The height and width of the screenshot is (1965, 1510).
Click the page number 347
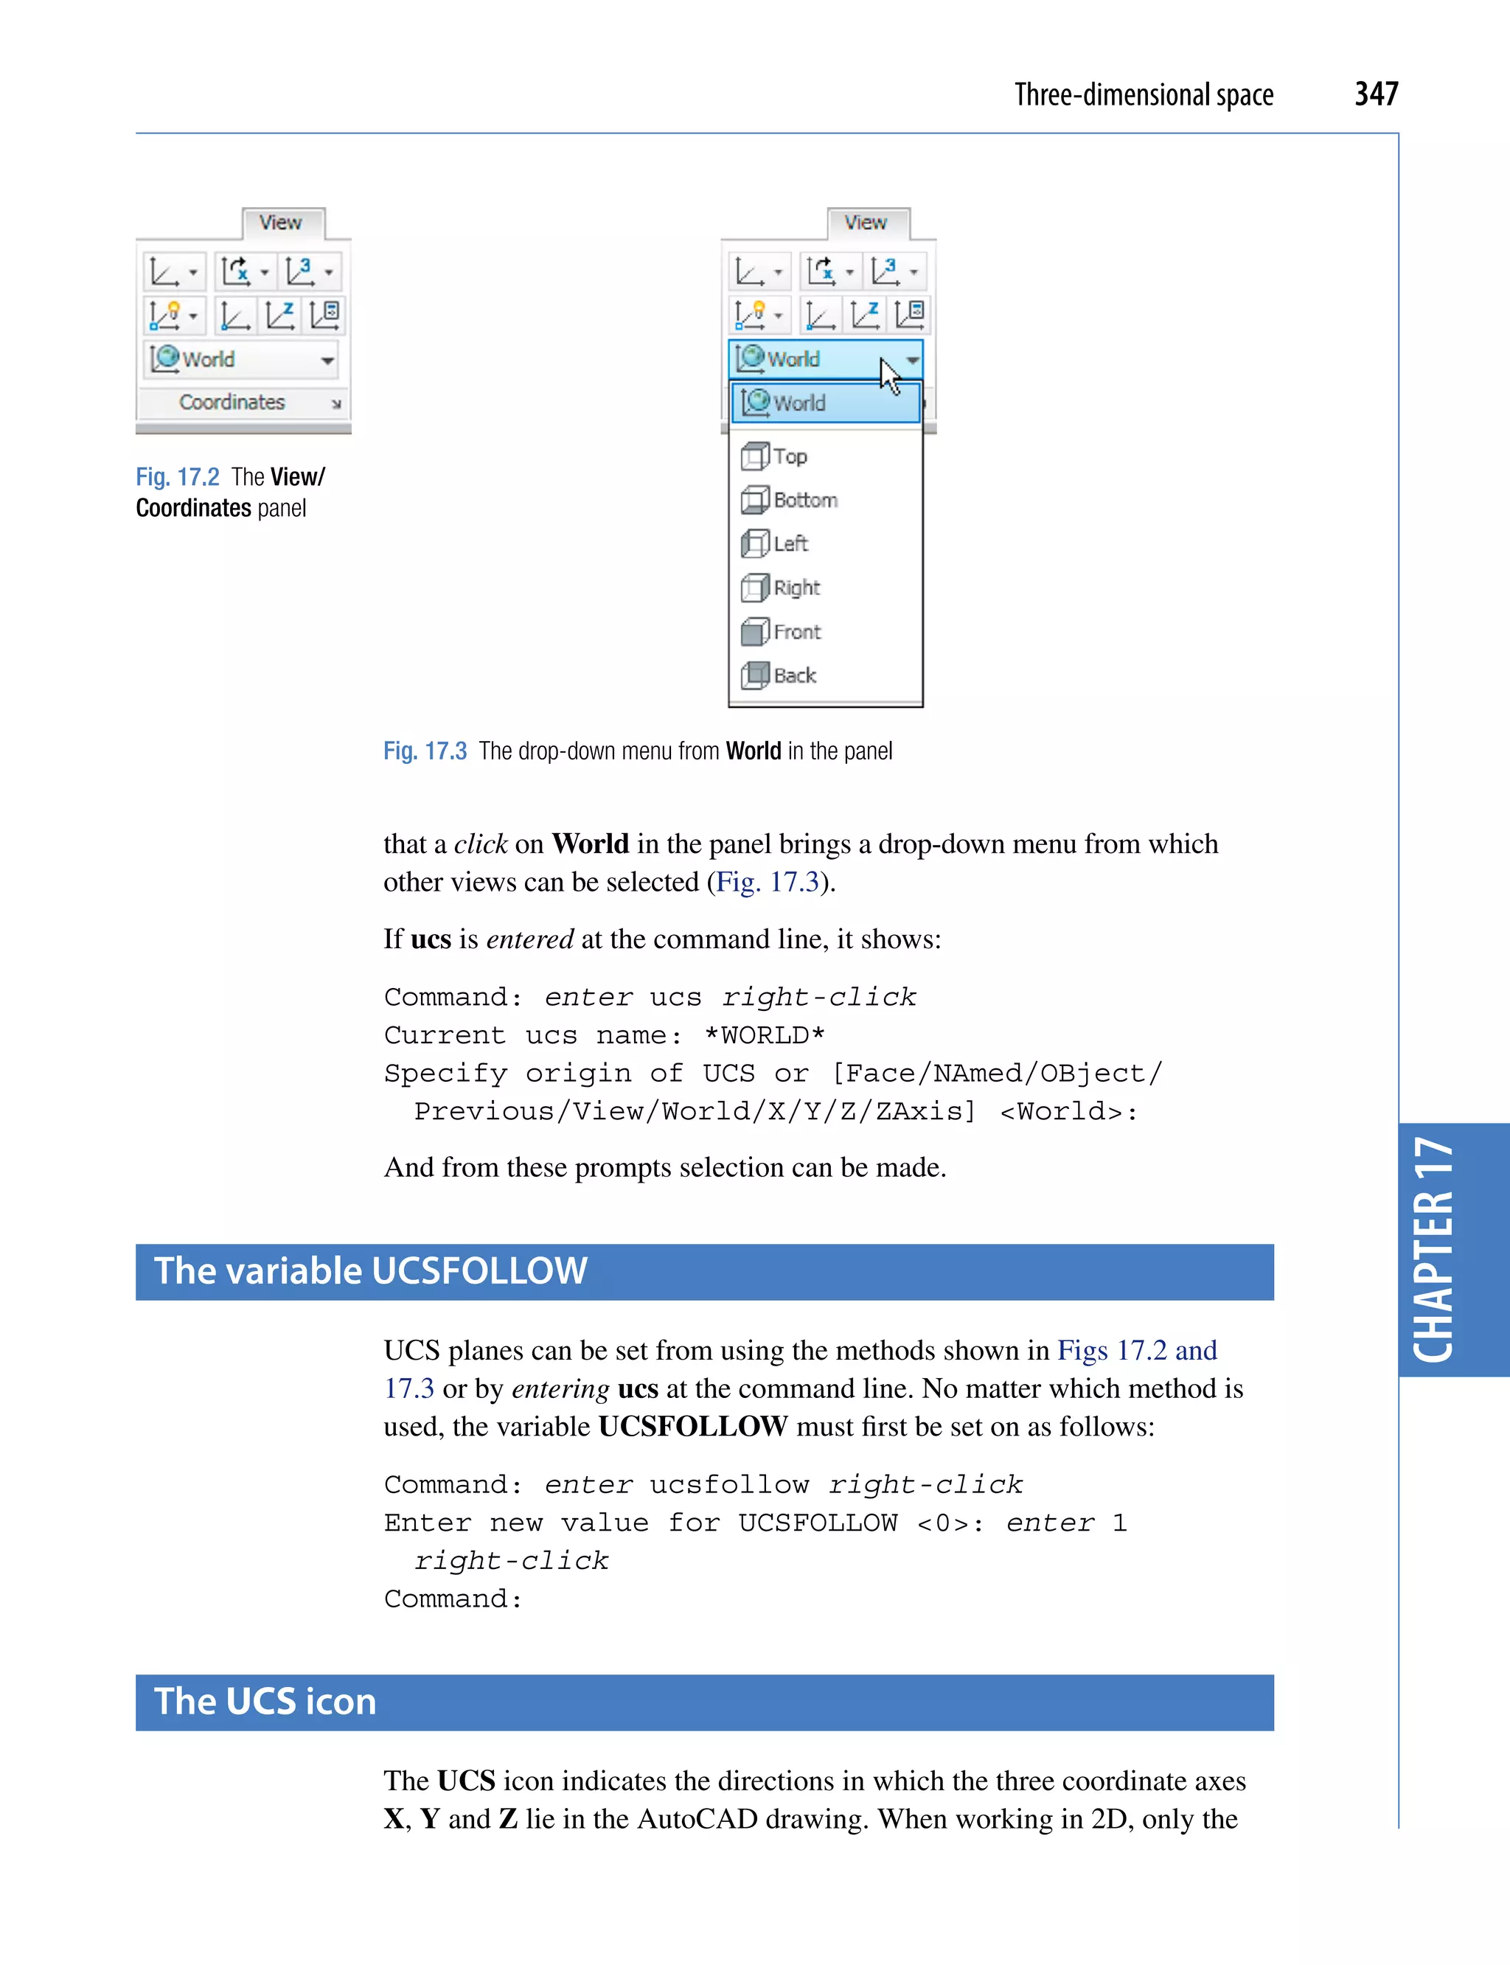[1375, 94]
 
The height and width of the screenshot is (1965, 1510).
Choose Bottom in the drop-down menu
[804, 500]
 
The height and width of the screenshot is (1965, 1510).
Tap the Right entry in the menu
[796, 588]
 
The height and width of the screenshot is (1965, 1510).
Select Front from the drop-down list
[796, 632]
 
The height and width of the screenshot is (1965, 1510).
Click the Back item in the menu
[793, 676]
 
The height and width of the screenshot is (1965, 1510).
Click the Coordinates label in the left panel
[232, 403]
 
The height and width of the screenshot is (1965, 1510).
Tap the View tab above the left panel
[280, 223]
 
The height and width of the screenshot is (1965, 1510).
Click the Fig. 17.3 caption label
[425, 751]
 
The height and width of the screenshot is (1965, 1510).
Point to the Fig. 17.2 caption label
[177, 477]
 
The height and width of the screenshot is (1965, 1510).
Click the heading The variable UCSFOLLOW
[370, 1271]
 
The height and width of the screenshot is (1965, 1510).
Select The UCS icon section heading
[265, 1702]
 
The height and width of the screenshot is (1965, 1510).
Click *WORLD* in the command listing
[764, 1035]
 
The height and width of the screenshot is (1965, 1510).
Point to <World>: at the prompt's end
[1068, 1112]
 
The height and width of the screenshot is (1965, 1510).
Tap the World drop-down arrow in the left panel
[327, 361]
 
